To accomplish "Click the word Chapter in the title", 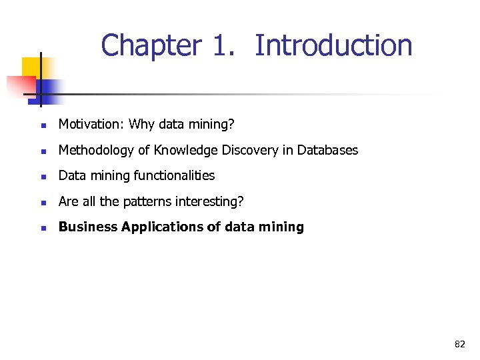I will tap(151, 46).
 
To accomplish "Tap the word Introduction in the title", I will tap(333, 46).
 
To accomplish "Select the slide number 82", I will tap(460, 344).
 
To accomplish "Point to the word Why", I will tap(141, 125).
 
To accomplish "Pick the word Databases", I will tap(327, 151).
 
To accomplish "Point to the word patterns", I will tap(149, 201).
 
